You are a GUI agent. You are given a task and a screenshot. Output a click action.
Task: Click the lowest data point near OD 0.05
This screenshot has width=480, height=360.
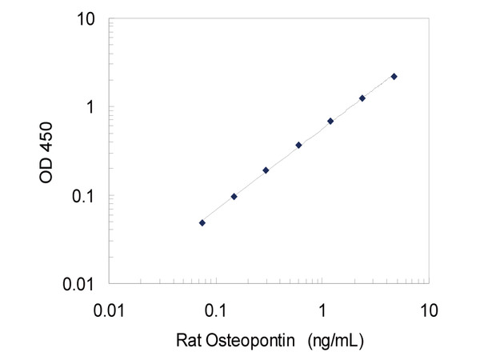(x=202, y=222)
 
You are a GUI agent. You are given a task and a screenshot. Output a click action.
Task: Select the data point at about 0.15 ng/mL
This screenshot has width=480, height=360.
(x=234, y=196)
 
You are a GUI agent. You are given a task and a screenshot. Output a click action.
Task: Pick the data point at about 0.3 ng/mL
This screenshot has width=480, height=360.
(x=266, y=170)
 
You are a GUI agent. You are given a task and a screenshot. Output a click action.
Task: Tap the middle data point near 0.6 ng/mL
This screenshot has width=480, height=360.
(x=298, y=145)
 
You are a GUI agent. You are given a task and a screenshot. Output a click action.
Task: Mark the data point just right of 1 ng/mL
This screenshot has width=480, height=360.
(x=330, y=121)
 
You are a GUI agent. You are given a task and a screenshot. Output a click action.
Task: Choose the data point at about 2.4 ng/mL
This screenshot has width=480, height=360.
(x=362, y=98)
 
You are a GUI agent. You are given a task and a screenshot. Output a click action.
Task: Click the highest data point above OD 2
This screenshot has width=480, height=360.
(x=394, y=76)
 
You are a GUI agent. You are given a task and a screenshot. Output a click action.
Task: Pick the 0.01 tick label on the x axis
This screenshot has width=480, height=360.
(x=110, y=308)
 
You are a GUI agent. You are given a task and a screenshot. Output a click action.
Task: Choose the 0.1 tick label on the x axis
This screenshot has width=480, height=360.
(x=216, y=308)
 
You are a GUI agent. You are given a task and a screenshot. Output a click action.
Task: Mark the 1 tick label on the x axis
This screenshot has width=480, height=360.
(x=322, y=308)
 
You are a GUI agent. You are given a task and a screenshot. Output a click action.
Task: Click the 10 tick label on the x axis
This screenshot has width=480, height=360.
(x=428, y=308)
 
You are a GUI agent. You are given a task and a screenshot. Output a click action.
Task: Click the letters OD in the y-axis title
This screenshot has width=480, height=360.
(x=50, y=178)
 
